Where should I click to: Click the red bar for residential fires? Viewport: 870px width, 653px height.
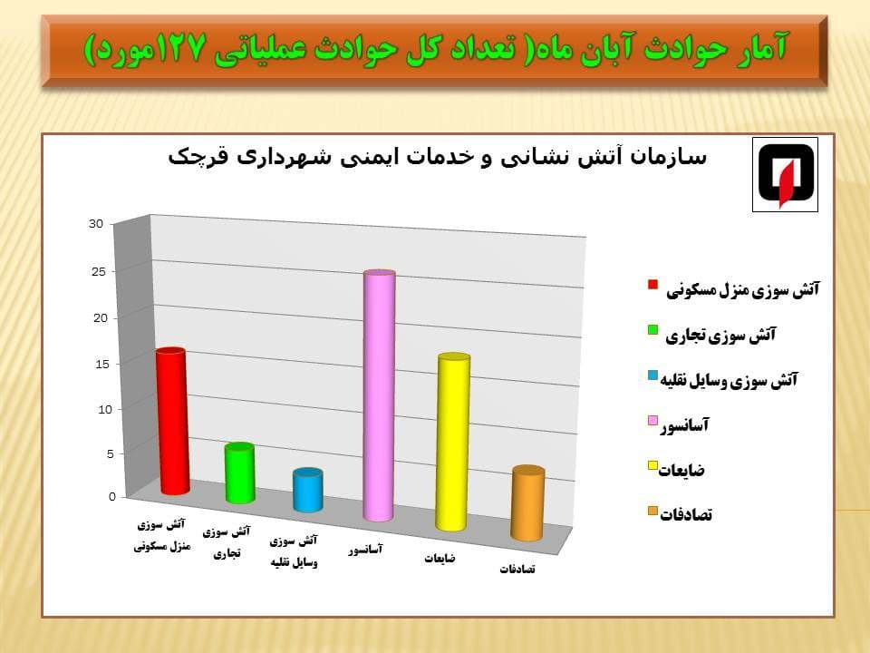coord(172,421)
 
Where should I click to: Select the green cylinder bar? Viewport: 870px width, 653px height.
coord(239,473)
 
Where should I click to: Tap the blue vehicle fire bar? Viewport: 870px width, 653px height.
coord(308,490)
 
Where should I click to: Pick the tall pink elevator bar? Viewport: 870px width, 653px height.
coord(379,396)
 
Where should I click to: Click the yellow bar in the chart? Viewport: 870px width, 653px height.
coord(453,442)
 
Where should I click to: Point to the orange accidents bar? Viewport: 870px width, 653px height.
coord(527,503)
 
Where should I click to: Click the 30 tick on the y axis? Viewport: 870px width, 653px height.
coord(96,224)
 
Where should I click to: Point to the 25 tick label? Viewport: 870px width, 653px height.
coord(99,271)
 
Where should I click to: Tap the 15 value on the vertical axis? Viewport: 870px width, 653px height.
coord(102,365)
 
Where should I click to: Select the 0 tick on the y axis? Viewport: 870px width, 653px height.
coord(112,496)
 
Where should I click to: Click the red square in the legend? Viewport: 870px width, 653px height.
coord(653,285)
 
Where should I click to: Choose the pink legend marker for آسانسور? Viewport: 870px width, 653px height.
coord(653,421)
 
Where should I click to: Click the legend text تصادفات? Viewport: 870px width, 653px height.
coord(686,515)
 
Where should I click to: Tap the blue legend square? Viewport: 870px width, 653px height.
coord(653,375)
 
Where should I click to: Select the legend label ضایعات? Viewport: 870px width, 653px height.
coord(681,471)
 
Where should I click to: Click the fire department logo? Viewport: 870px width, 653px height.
coord(785,175)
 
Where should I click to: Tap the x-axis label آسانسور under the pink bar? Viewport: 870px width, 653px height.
coord(365,550)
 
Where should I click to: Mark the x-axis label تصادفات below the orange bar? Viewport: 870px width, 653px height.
coord(517,570)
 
